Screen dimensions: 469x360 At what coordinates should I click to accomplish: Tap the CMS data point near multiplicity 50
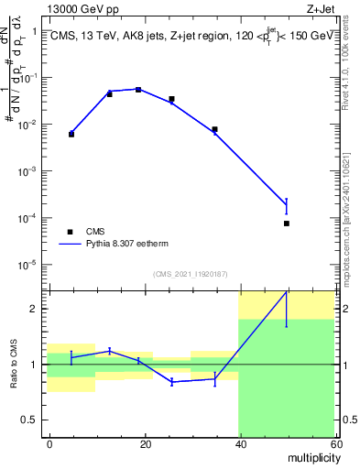pyautogui.click(x=287, y=224)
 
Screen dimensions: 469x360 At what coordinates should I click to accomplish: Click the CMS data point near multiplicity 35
pyautogui.click(x=214, y=129)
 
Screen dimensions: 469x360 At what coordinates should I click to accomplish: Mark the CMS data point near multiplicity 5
pyautogui.click(x=71, y=135)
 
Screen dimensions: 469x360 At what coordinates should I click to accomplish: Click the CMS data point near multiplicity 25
pyautogui.click(x=171, y=99)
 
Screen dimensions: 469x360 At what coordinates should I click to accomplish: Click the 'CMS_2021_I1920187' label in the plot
pyautogui.click(x=191, y=273)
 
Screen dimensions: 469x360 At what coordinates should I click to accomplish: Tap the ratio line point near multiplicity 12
pyautogui.click(x=110, y=351)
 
